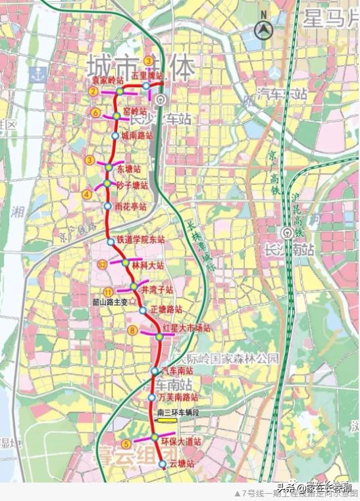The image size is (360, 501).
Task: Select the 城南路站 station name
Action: (137, 136)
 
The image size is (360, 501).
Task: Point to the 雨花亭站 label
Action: (130, 207)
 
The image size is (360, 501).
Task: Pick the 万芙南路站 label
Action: (178, 398)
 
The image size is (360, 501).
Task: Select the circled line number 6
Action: (96, 113)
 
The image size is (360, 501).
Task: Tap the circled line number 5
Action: (126, 444)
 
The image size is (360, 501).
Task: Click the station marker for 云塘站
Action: (163, 465)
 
